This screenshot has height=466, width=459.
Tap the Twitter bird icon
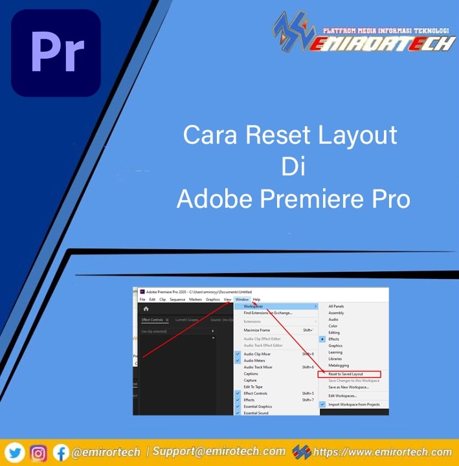coord(16,452)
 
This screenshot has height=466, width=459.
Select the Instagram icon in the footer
coord(39,452)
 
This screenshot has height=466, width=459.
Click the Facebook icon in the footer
coord(61,452)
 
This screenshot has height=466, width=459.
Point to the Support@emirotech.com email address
coord(219,451)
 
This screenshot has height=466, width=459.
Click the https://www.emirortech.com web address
coord(382,452)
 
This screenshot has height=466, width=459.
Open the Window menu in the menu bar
coord(242,300)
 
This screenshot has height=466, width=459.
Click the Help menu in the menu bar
coord(256,300)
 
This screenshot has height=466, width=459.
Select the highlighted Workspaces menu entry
coord(254,306)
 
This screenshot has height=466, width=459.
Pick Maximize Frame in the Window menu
coord(257,330)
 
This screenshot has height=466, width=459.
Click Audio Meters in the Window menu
coord(255,361)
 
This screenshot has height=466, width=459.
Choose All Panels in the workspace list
coord(337,306)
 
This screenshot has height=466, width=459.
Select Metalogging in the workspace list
coord(339,364)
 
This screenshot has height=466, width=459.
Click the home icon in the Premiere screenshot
coord(146,309)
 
